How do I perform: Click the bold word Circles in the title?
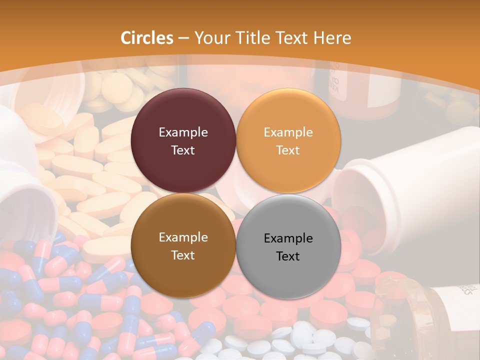147,38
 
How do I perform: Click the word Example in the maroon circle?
183,132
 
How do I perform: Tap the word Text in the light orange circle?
288,150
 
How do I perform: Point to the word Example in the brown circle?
183,237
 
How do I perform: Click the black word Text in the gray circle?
288,256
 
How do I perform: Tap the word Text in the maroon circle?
183,150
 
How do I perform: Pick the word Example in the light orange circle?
288,132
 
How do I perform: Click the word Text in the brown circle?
183,255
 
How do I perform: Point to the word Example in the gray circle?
288,238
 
